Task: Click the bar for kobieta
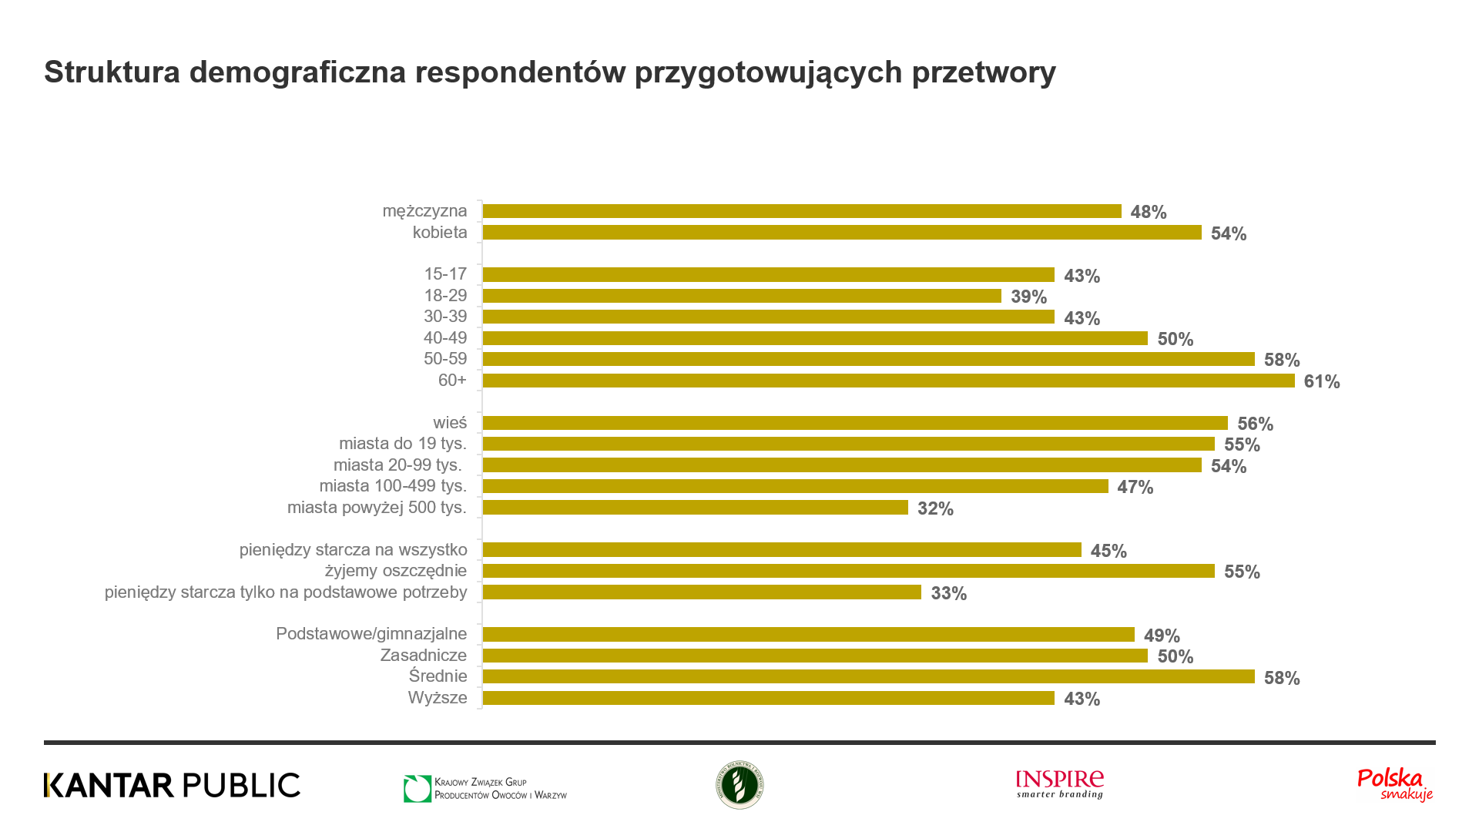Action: (841, 233)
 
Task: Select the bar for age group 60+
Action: (888, 381)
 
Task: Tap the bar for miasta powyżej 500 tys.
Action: (695, 508)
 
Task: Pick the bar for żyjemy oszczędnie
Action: (848, 571)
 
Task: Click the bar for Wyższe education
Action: (768, 698)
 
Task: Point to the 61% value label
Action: (1321, 381)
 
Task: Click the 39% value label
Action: (1028, 297)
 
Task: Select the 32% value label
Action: (935, 508)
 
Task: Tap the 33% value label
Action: (948, 593)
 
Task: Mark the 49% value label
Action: (1162, 636)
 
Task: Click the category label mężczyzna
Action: (424, 211)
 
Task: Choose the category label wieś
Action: (450, 423)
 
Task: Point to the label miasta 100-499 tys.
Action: (393, 486)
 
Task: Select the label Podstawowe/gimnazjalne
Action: (371, 634)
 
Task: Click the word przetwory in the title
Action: (984, 72)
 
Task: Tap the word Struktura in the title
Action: (112, 72)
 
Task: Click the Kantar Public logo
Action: (172, 785)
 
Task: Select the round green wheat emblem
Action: (739, 785)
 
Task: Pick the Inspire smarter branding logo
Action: (1059, 784)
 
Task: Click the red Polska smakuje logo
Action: (1394, 784)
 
